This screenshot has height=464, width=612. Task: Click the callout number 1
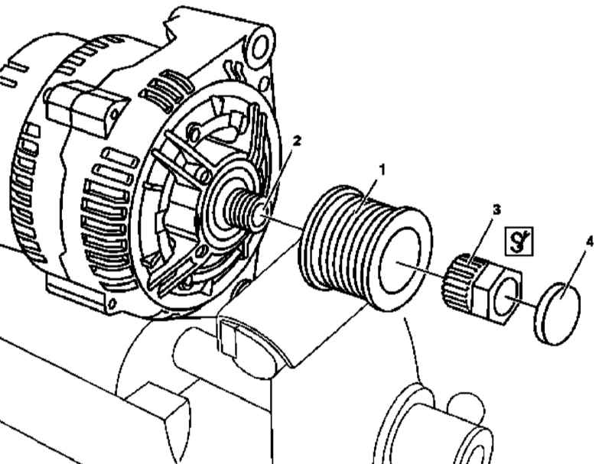coord(382,170)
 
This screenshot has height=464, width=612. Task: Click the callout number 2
coord(297,141)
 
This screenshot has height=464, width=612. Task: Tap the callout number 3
coord(496,210)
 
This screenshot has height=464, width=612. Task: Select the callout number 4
coord(590,242)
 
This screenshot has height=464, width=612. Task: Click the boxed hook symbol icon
coord(519,242)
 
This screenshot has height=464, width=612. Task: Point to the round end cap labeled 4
coord(557,315)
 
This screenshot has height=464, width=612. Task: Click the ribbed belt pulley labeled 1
coord(366,248)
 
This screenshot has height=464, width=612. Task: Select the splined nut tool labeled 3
coord(483,288)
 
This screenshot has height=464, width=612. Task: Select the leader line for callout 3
coord(483,239)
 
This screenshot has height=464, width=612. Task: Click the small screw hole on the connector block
coord(114,114)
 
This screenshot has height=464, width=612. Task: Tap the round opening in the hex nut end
coord(506,297)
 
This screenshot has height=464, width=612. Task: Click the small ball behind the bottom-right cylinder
coord(467,405)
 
